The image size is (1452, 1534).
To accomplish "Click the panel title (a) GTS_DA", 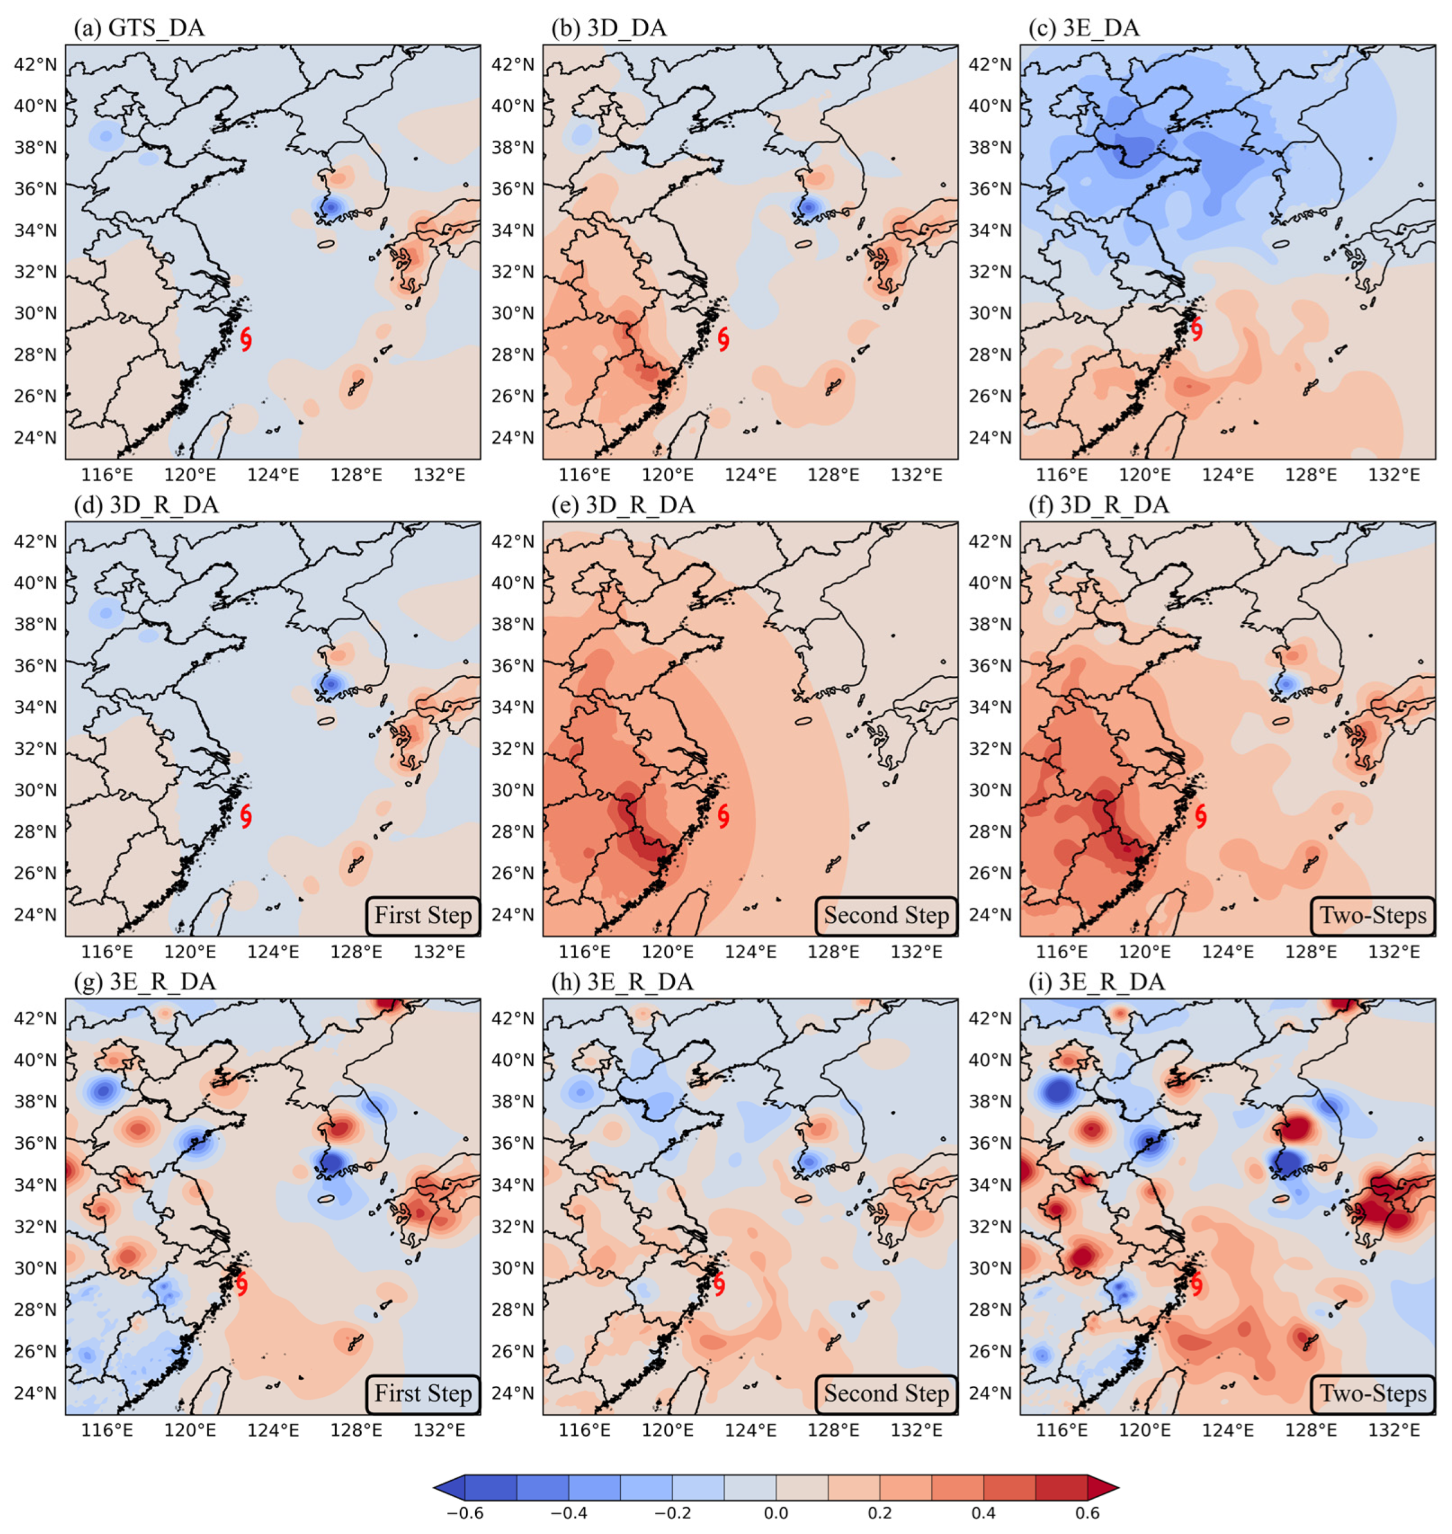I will point(139,29).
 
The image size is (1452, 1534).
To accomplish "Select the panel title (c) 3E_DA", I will point(1083,29).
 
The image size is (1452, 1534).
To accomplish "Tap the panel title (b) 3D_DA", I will point(608,29).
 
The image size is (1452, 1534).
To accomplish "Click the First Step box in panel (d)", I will point(422,916).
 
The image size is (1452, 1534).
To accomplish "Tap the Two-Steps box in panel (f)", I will point(1372,916).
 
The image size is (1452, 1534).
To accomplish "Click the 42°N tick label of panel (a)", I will point(35,64).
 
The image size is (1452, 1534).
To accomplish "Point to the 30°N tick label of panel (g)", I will point(35,1268).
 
